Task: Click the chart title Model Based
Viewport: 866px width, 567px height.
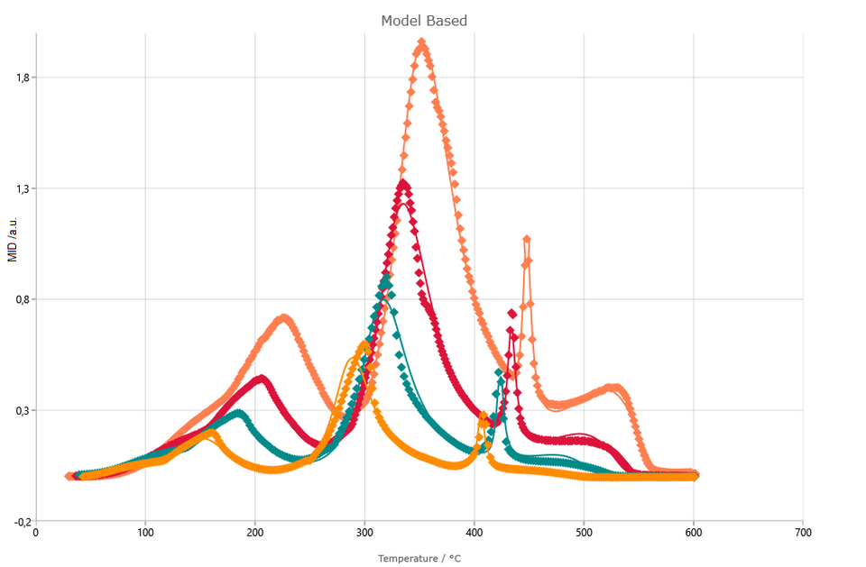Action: click(x=423, y=21)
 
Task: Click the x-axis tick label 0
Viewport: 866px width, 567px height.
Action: click(x=36, y=533)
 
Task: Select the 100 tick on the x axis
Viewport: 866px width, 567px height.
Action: click(x=145, y=533)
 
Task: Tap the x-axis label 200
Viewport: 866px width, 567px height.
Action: click(x=255, y=533)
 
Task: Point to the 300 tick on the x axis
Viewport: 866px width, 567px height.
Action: click(x=364, y=533)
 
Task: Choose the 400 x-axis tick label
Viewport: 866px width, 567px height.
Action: click(x=474, y=533)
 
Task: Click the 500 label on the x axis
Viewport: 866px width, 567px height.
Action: click(x=584, y=533)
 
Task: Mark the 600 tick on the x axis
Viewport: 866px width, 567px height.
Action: click(x=694, y=533)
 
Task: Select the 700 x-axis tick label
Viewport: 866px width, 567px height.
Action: click(x=803, y=533)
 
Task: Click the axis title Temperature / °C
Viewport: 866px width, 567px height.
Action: click(x=419, y=559)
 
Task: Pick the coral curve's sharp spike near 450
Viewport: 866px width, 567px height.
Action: click(x=527, y=239)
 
